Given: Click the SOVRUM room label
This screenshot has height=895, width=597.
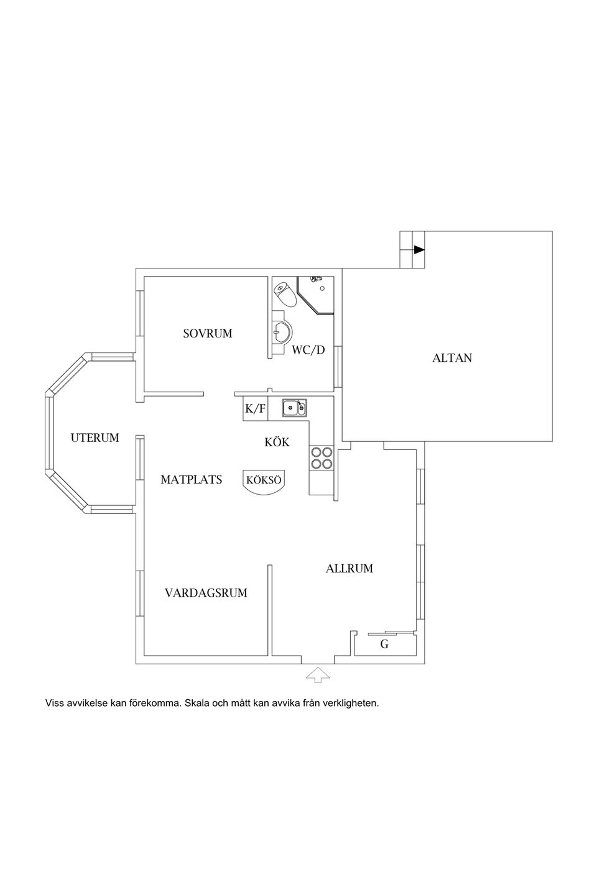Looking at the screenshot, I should tap(207, 334).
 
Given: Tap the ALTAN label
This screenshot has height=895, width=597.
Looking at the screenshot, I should tap(452, 358).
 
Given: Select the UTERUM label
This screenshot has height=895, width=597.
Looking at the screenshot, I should tap(95, 438).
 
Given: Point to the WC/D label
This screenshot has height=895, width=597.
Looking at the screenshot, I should tap(308, 350).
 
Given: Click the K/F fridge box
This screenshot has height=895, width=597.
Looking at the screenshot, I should tap(255, 409).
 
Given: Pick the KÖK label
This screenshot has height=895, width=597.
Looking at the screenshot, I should tap(277, 442).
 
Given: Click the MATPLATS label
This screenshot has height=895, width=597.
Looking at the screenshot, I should tap(191, 480).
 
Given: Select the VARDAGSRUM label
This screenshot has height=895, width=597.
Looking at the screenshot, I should tap(206, 593).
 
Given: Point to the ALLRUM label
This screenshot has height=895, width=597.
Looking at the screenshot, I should tap(349, 568).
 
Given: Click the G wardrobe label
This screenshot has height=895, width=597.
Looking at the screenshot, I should tap(384, 645).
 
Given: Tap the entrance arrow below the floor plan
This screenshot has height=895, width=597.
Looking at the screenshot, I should tap(318, 674).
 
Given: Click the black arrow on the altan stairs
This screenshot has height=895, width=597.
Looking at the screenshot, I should tap(419, 250).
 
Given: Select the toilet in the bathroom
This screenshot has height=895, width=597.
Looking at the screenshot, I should tap(285, 294).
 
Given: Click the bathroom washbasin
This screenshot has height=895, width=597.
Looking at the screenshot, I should tap(281, 332).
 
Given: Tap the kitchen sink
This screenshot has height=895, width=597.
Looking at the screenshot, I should tap(294, 408).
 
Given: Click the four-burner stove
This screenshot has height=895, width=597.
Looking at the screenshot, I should tap(322, 458).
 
